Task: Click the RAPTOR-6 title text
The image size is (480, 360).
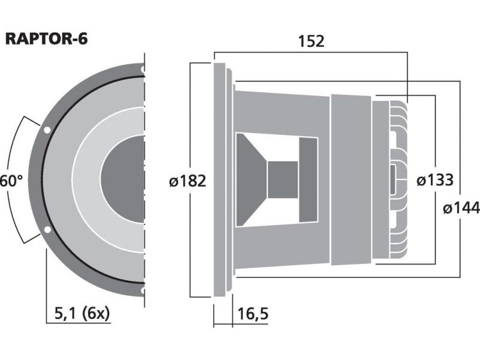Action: point(47,39)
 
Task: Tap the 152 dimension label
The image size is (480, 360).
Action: point(311,41)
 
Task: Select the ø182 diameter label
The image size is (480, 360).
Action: point(187,181)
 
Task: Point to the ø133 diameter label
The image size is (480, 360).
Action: point(434,180)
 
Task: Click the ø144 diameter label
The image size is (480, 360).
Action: point(461,208)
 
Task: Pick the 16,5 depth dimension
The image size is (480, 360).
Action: point(253,314)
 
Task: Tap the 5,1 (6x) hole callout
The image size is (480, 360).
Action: point(82,313)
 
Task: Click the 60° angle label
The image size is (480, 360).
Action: point(11,181)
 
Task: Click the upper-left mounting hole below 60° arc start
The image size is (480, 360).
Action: point(47,130)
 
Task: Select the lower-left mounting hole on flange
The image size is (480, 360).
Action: point(47,230)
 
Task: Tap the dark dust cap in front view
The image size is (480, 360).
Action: point(122,179)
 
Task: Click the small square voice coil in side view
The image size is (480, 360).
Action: point(283,179)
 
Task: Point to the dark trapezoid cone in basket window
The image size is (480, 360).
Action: point(251,180)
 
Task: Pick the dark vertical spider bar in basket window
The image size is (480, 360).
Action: point(308,180)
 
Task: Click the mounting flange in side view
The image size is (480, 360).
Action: point(220,179)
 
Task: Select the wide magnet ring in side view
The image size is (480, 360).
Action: point(352,179)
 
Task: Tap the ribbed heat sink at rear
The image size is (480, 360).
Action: point(398,179)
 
